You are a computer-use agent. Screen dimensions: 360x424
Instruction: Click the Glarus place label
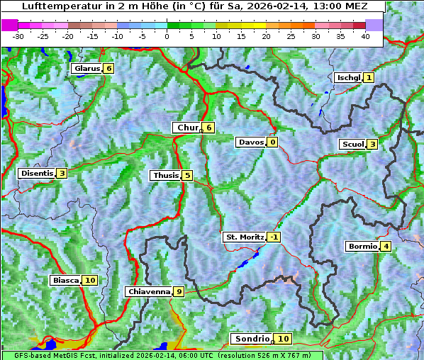point(86,69)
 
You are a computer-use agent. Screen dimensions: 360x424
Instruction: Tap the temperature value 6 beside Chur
point(209,128)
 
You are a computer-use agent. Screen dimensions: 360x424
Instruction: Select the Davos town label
point(250,142)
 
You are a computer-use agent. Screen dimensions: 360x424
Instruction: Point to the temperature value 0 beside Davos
point(272,142)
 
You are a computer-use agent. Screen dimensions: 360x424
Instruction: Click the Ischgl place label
point(348,77)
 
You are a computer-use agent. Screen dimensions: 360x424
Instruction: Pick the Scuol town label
point(352,145)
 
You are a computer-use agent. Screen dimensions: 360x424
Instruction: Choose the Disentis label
point(37,174)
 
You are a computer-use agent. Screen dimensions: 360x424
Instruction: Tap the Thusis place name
point(165,176)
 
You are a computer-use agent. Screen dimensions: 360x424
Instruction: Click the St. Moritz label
point(244,237)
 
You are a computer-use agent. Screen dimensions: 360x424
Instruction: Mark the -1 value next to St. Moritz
point(274,237)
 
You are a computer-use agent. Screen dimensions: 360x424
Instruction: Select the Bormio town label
point(362,247)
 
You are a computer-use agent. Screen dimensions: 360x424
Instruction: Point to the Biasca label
point(65,281)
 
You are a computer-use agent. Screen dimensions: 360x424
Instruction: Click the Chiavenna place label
point(148,291)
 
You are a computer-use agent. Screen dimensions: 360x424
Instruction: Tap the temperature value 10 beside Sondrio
point(283,339)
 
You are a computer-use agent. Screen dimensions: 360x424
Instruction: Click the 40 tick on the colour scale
point(365,35)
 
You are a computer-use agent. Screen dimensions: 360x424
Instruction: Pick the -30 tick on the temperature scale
point(18,35)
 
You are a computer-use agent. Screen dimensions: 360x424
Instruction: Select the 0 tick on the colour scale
point(167,35)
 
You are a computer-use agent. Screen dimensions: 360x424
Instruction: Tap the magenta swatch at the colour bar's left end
point(10,24)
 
